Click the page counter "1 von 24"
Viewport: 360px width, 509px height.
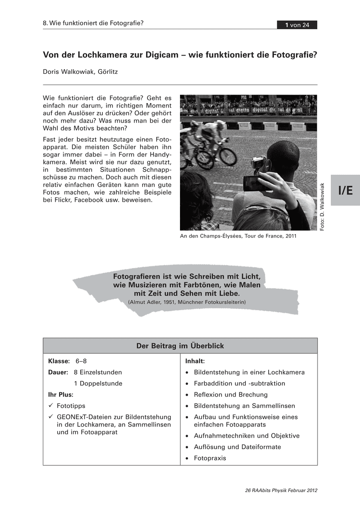click(x=297, y=25)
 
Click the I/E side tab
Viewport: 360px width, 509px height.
click(x=346, y=190)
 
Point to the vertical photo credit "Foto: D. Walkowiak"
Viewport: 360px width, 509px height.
click(x=322, y=207)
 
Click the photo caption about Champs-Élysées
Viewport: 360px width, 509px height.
click(x=238, y=236)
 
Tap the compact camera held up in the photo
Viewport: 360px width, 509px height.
click(x=258, y=162)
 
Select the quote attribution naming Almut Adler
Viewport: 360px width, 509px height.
click(x=186, y=302)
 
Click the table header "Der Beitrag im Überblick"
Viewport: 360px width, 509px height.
click(x=180, y=346)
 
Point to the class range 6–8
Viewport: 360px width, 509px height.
click(x=81, y=361)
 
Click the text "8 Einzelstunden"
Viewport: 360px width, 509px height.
click(x=98, y=372)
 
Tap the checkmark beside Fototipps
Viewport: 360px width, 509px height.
click(x=51, y=406)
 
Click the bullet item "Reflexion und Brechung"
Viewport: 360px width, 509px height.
click(x=231, y=394)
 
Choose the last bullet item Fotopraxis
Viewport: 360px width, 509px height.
click(x=210, y=458)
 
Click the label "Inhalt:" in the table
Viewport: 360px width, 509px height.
click(x=195, y=361)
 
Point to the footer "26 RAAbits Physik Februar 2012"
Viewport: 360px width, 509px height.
click(x=281, y=491)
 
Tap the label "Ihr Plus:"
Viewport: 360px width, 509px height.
click(x=61, y=394)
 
